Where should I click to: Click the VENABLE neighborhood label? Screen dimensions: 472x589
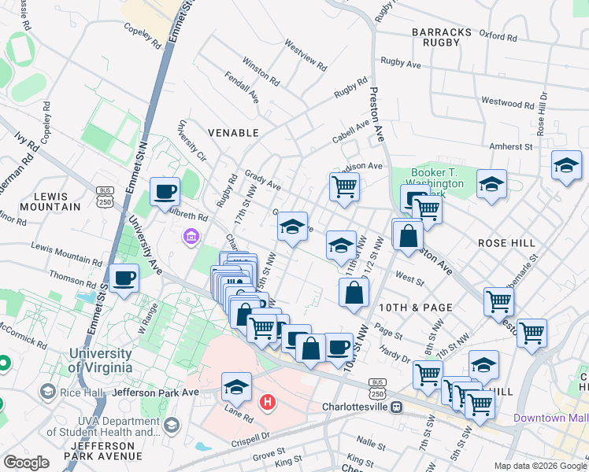tap(233, 133)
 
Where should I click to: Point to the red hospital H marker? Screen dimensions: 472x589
tap(268, 403)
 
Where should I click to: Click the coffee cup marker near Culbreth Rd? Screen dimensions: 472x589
tap(165, 190)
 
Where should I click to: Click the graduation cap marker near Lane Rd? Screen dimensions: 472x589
tap(235, 386)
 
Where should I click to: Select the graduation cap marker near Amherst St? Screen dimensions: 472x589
tap(565, 165)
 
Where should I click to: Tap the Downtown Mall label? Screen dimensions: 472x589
tap(550, 418)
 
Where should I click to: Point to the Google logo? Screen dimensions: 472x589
tap(26, 463)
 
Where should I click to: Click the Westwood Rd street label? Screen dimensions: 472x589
tap(507, 102)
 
